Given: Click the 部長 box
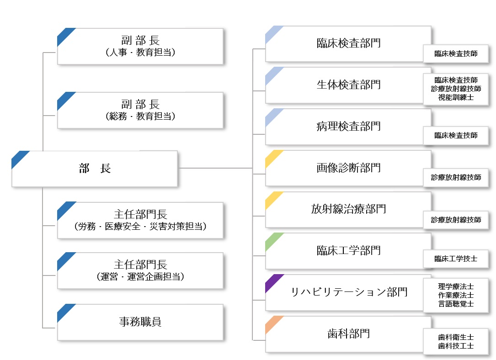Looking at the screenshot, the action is pyautogui.click(x=95, y=169).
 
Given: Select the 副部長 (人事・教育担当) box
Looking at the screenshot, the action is pyautogui.click(x=140, y=47).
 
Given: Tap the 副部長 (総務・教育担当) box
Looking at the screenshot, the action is pyautogui.click(x=140, y=110).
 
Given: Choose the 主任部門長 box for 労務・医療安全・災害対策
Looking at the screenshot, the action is pyautogui.click(x=140, y=220).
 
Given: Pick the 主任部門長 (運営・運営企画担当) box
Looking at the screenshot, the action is pyautogui.click(x=140, y=270).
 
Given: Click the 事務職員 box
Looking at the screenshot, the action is pyautogui.click(x=140, y=322).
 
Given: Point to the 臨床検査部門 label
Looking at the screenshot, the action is pyautogui.click(x=348, y=43).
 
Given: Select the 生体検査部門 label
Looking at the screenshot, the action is pyautogui.click(x=348, y=85).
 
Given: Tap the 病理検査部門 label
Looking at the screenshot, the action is pyautogui.click(x=348, y=127).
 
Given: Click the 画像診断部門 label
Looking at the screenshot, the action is pyautogui.click(x=348, y=168).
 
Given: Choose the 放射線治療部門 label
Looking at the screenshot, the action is pyautogui.click(x=348, y=209).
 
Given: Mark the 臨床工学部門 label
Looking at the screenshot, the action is pyautogui.click(x=348, y=251).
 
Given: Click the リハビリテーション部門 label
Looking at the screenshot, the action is pyautogui.click(x=349, y=292).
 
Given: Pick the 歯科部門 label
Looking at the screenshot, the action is pyautogui.click(x=348, y=334).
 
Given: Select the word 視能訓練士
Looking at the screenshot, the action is pyautogui.click(x=456, y=97).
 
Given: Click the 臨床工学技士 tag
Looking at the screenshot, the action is pyautogui.click(x=456, y=259).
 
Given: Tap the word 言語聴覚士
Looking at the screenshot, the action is pyautogui.click(x=456, y=304).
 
